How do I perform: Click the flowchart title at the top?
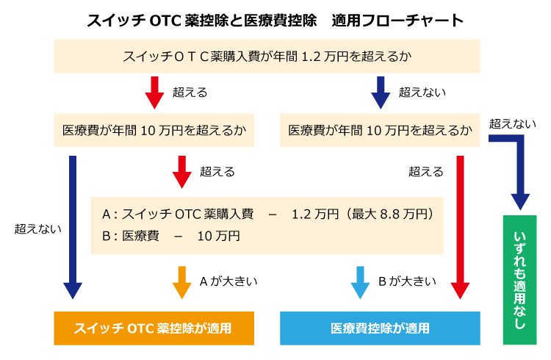pyautogui.click(x=275, y=21)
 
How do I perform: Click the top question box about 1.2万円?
pyautogui.click(x=267, y=57)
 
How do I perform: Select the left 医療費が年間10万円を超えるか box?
pyautogui.click(x=154, y=130)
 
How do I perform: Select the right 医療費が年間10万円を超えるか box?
pyautogui.click(x=381, y=130)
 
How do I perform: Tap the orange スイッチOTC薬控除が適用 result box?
pyautogui.click(x=154, y=328)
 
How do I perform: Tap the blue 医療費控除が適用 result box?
pyautogui.click(x=381, y=328)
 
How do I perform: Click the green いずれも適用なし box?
pyautogui.click(x=520, y=280)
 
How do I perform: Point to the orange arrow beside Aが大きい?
pyautogui.click(x=182, y=283)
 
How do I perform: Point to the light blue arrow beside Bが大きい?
pyautogui.click(x=360, y=283)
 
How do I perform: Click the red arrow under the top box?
pyautogui.click(x=154, y=93)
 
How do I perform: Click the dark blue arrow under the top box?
pyautogui.click(x=381, y=93)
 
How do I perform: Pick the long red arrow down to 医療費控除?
pyautogui.click(x=460, y=227)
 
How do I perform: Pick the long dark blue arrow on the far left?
pyautogui.click(x=73, y=227)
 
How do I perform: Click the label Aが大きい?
pyautogui.click(x=228, y=281)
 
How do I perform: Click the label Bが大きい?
pyautogui.click(x=407, y=281)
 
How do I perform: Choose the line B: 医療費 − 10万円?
pyautogui.click(x=171, y=236)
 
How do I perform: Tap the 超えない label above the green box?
pyautogui.click(x=513, y=123)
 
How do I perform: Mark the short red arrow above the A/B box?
pyautogui.click(x=182, y=172)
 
